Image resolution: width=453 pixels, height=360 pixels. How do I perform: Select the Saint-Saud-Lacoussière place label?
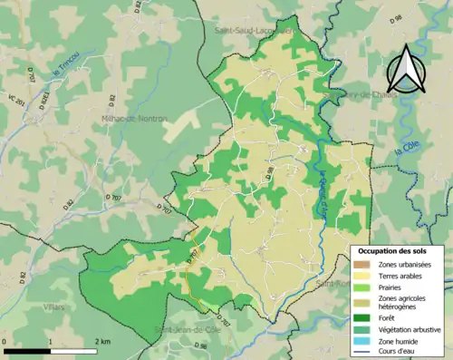[x=254, y=30]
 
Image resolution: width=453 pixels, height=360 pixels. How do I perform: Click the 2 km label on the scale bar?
[x=102, y=341]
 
